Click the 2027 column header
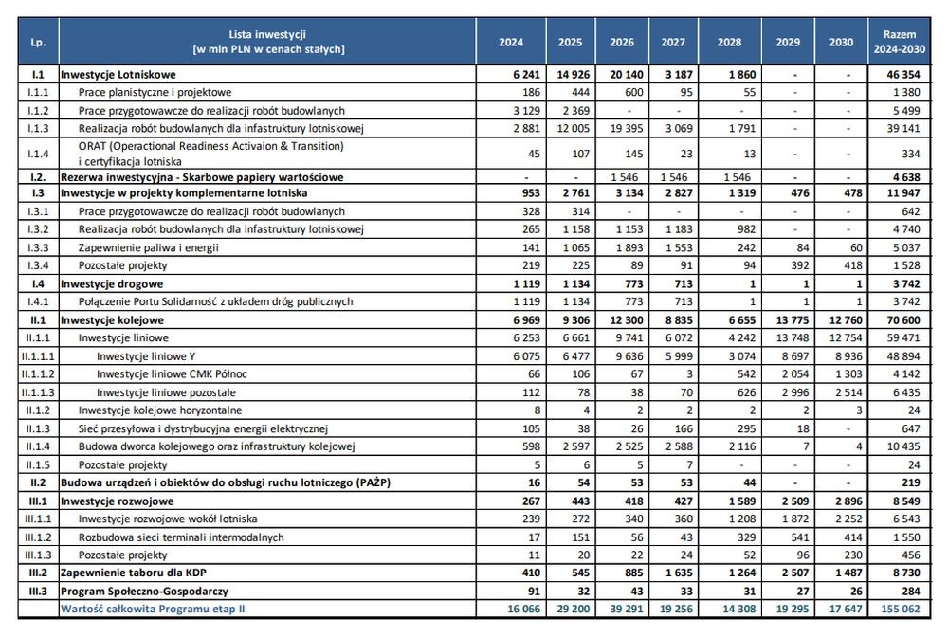click(673, 43)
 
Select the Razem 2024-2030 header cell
click(899, 42)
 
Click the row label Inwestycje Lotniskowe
click(118, 75)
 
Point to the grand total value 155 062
click(901, 609)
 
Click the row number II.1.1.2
click(38, 374)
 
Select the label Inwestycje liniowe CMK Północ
click(172, 374)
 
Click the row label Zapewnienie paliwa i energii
click(148, 247)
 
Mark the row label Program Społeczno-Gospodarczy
click(144, 591)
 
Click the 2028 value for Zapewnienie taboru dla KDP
click(741, 573)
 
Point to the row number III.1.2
click(38, 537)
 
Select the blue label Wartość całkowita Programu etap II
click(153, 609)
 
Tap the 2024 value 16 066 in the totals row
click(523, 609)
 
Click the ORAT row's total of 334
click(910, 154)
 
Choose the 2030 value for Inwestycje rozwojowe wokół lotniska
click(848, 519)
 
